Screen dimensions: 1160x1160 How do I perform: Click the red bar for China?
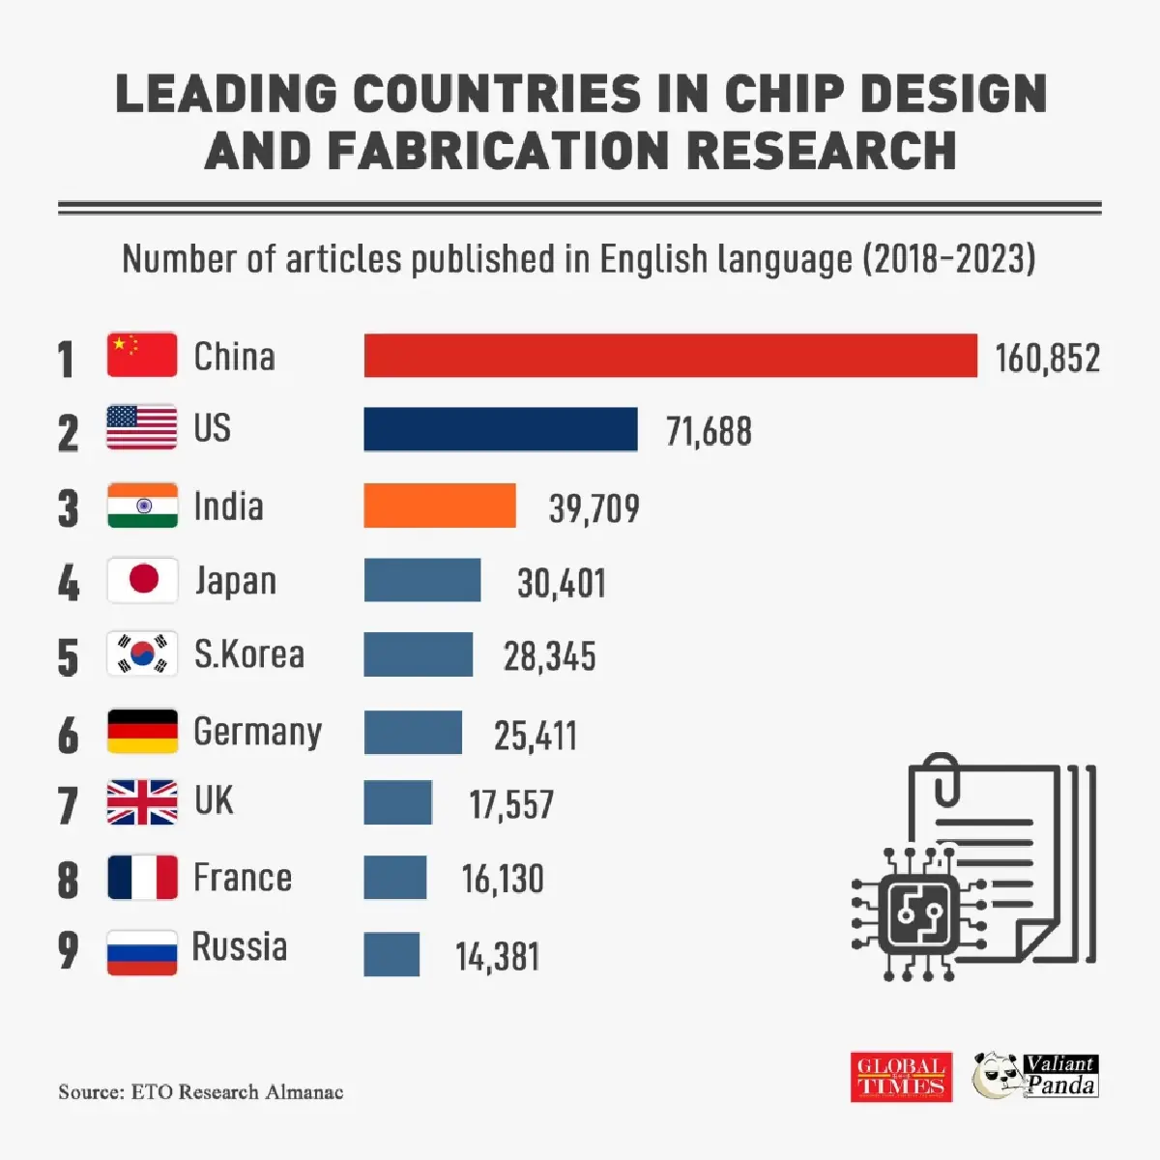[670, 355]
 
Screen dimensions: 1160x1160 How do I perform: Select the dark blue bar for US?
[501, 429]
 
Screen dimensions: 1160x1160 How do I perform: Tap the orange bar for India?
[440, 505]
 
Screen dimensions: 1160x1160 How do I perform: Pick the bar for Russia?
[391, 954]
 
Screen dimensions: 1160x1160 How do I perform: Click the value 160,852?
[1048, 359]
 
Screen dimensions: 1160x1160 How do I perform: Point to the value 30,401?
[562, 583]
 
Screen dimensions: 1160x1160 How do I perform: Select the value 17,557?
[511, 804]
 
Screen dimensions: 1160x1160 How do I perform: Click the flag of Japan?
[142, 580]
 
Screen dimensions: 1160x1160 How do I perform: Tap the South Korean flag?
[142, 654]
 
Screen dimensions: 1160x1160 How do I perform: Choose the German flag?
[142, 731]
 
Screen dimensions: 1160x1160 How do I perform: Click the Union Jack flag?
[142, 802]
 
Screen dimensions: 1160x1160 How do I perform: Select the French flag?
[142, 878]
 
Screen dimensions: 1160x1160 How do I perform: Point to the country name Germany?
[257, 732]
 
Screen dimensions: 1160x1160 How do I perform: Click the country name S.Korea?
[248, 654]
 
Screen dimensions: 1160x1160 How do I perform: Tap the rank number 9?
[68, 950]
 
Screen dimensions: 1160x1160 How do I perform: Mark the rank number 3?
[68, 508]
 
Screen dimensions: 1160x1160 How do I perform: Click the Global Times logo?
[901, 1077]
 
